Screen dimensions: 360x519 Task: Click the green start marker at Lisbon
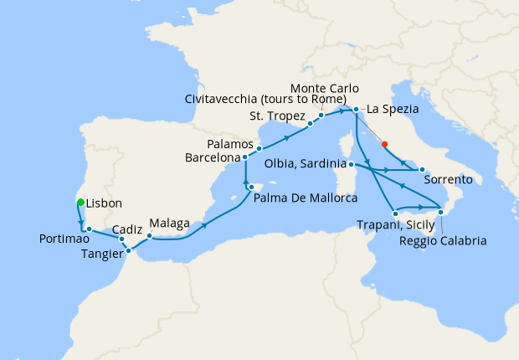tap(80, 203)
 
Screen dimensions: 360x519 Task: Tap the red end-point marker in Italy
tap(384, 144)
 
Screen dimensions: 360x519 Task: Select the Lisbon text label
tap(104, 203)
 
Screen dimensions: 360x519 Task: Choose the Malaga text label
tap(170, 224)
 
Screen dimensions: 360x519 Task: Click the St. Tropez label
tap(278, 115)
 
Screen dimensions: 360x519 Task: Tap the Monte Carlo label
tap(325, 88)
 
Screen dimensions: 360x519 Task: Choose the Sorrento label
tap(448, 180)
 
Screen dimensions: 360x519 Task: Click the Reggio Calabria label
tap(442, 241)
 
